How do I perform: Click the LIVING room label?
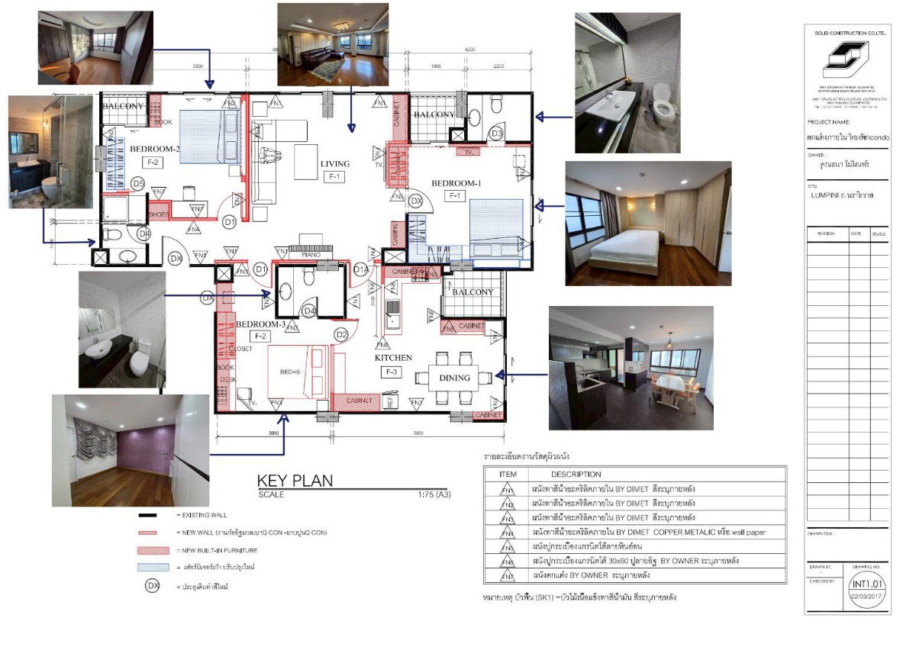coord(335,163)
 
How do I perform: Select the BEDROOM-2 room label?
coord(154,149)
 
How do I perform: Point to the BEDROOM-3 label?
coord(260,324)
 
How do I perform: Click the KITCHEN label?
coord(393,357)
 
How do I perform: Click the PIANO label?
coord(310,256)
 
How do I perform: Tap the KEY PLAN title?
coord(295,481)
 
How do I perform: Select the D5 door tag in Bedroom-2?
coord(138,183)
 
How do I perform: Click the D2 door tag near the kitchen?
coord(341,334)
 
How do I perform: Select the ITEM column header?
coord(508,475)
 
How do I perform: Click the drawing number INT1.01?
coord(869,582)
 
